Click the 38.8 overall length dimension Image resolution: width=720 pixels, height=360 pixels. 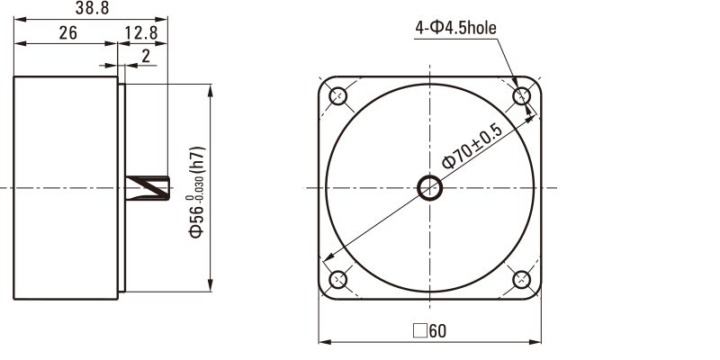point(93,8)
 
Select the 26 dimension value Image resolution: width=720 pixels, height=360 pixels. point(68,33)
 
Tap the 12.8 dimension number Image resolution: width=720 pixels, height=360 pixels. point(141,33)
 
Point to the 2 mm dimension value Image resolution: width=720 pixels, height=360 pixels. point(146,56)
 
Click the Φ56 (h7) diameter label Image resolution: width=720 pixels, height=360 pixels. point(197,192)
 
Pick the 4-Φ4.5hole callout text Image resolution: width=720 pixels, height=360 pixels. point(455,28)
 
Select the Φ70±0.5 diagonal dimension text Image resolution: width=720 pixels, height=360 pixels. point(472,146)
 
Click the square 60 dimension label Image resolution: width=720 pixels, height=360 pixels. point(429,330)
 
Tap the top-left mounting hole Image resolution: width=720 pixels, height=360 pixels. point(338,96)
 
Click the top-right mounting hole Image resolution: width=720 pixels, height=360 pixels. point(521,96)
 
